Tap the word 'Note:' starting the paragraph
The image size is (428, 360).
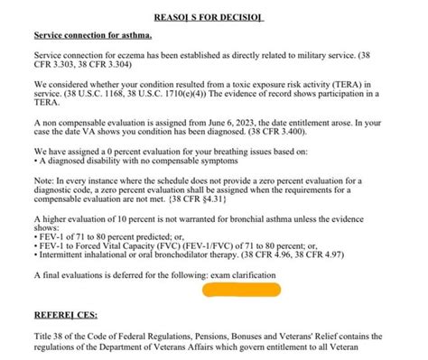click(45, 180)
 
